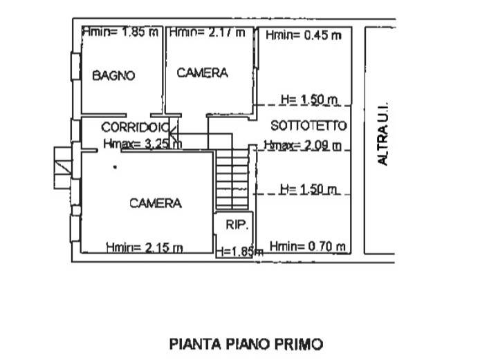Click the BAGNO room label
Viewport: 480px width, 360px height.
pos(113,75)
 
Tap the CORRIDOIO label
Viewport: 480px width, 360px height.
pos(136,127)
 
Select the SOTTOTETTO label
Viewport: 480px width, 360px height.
pos(309,125)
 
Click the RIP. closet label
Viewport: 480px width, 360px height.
pos(237,225)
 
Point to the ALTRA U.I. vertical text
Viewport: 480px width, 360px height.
pos(382,133)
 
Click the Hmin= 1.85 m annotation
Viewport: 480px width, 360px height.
pos(121,32)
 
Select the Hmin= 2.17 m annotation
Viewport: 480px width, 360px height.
pos(207,32)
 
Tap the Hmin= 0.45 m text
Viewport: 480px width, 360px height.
pos(304,35)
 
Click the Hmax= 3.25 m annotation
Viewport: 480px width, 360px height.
pos(142,144)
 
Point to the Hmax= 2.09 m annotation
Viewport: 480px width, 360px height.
pos(303,145)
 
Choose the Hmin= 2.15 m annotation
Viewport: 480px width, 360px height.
pos(145,247)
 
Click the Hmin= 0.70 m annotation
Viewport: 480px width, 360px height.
pos(308,246)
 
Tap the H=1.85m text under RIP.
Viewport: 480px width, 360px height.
pos(240,252)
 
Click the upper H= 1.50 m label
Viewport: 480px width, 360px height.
pos(309,100)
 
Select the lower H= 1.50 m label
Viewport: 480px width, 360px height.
pos(308,189)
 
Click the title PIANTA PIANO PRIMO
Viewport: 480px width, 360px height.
pos(246,344)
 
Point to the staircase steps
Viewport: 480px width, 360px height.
pos(232,179)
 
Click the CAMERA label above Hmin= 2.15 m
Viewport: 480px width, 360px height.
pos(156,203)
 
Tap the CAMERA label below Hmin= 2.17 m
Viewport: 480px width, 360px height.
pos(203,73)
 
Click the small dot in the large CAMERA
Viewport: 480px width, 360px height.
pos(115,167)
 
